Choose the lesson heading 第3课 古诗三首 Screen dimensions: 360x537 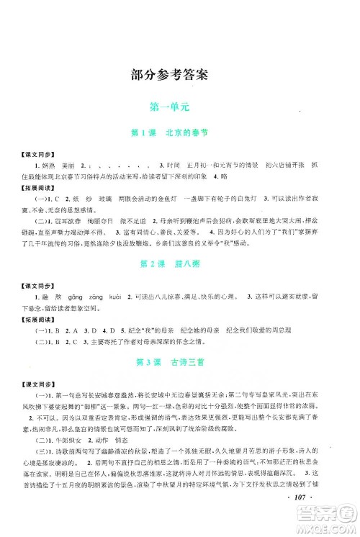(x=180, y=359)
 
